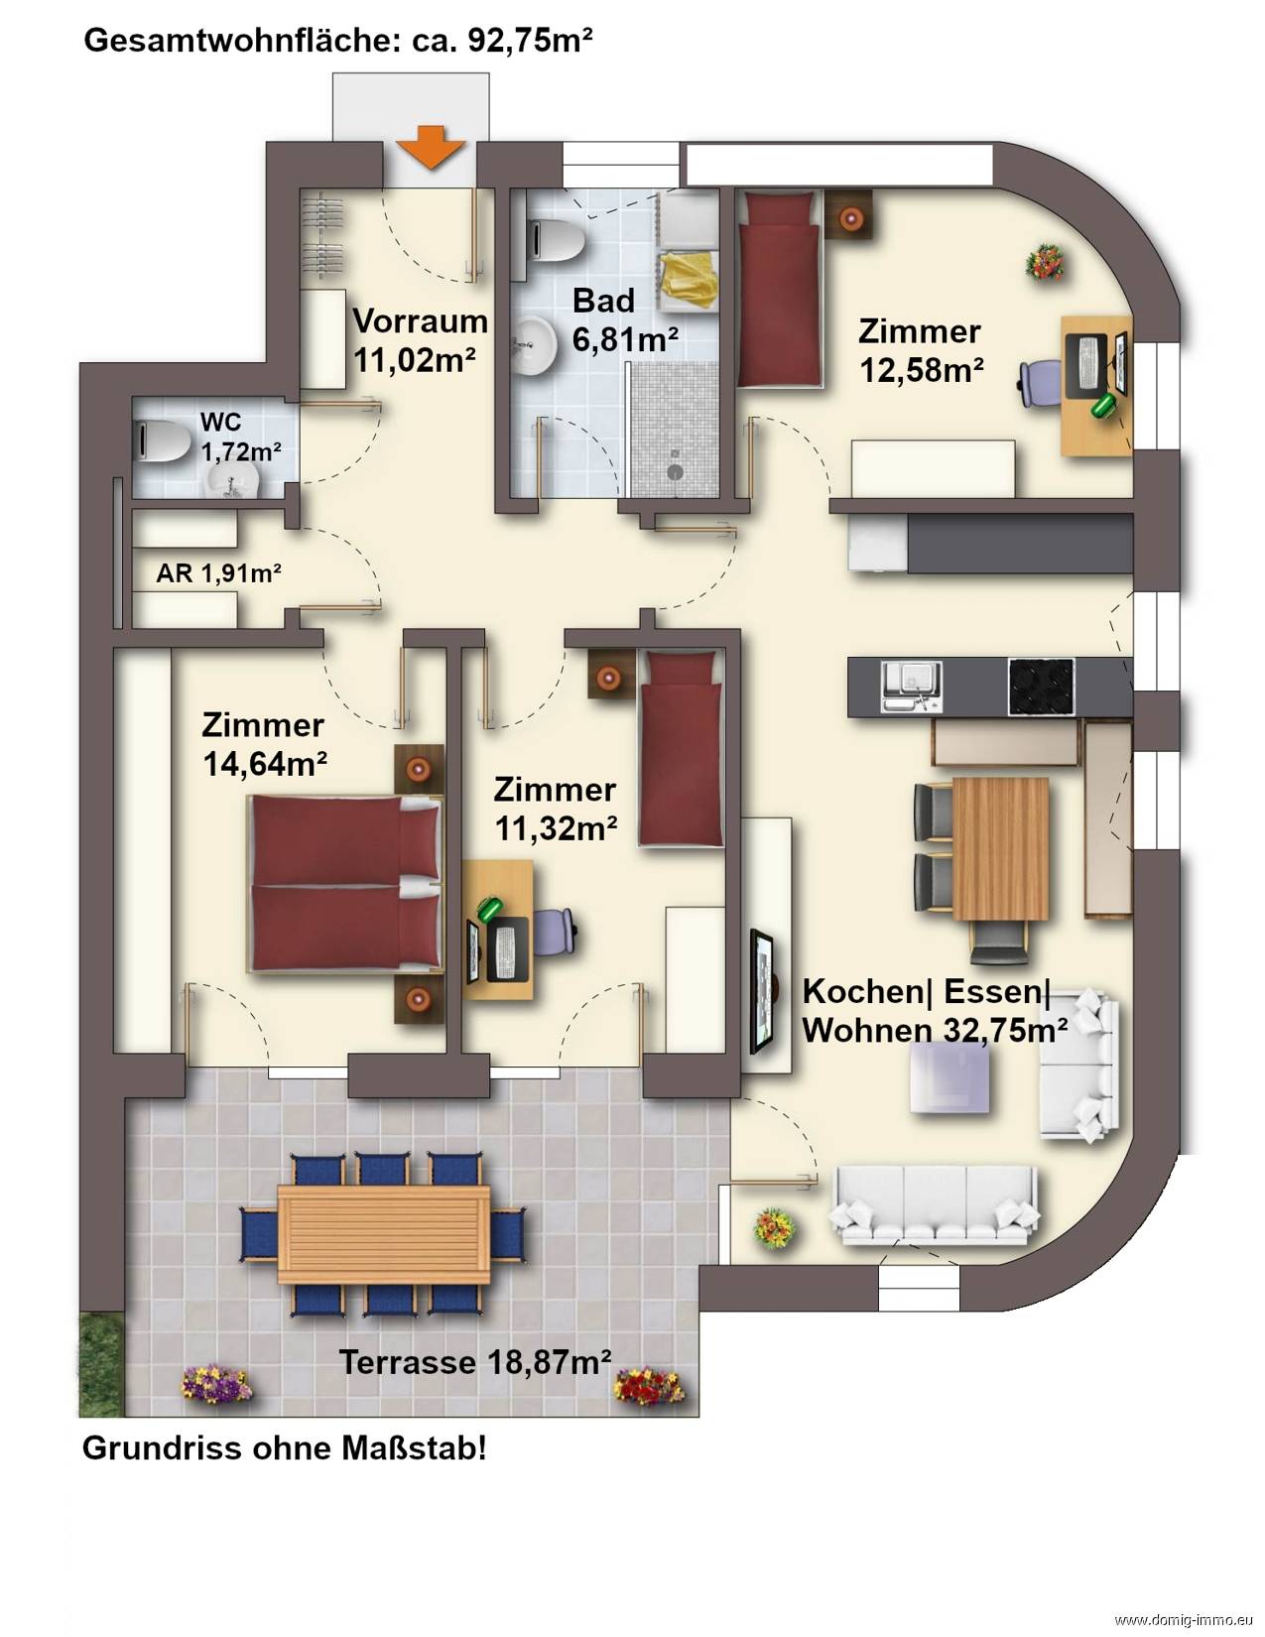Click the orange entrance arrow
(431, 147)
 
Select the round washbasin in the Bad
(534, 346)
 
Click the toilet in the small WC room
(161, 440)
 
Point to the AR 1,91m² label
(218, 573)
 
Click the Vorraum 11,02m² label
(420, 340)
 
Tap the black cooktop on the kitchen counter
(1041, 687)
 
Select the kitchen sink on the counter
(911, 686)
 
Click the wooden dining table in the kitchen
(1000, 848)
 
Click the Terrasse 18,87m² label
(474, 1362)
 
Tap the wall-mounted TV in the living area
(762, 991)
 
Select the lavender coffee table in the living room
(949, 1080)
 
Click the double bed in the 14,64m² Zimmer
(345, 883)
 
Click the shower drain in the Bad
(675, 472)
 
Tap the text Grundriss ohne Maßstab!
(284, 1448)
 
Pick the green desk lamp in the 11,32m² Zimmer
(489, 907)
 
